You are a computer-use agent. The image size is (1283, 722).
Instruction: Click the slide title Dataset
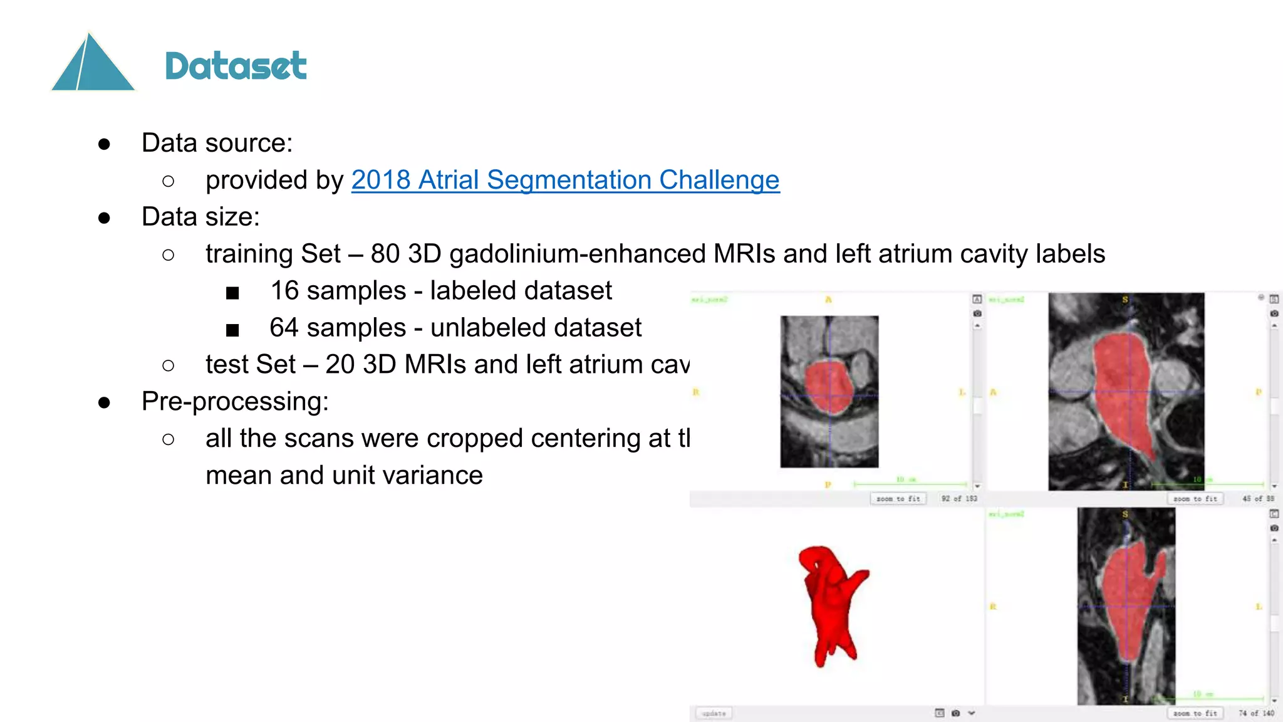coord(236,66)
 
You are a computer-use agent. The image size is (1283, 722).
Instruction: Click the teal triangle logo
coord(93,64)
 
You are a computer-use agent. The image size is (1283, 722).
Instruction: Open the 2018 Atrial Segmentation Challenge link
coord(565,180)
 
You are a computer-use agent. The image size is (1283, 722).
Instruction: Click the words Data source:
coord(217,143)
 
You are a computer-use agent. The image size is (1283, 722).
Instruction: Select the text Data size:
coord(200,217)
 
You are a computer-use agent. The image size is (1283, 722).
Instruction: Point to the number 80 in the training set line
coord(385,254)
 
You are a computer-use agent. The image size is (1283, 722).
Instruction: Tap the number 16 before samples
coord(284,291)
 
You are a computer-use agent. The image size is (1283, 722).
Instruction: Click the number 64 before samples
coord(284,328)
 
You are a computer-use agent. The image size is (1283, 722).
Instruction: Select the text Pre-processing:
coord(235,402)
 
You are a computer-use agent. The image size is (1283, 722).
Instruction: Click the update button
coord(714,713)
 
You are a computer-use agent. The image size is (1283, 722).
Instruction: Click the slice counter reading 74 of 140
coord(1256,713)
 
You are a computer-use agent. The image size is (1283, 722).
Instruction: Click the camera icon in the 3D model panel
coord(955,713)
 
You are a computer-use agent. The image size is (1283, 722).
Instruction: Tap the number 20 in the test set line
coord(340,365)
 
